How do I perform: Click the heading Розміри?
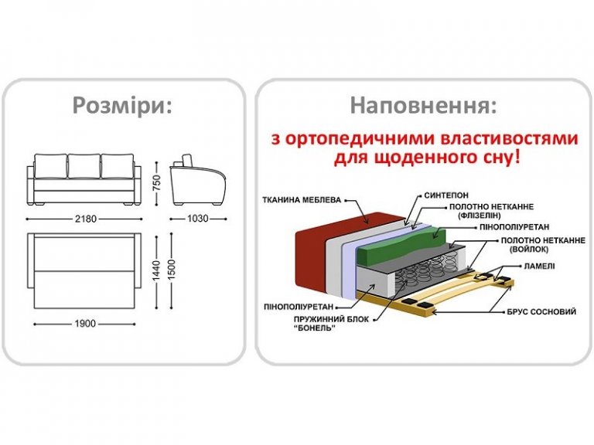(x=122, y=106)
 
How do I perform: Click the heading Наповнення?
(x=423, y=105)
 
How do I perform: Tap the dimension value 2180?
(x=86, y=219)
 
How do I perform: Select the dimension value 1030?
(x=198, y=219)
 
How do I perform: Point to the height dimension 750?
(x=156, y=183)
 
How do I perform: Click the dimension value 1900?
(x=85, y=324)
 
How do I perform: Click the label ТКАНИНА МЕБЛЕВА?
(x=302, y=200)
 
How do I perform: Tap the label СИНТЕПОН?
(x=446, y=195)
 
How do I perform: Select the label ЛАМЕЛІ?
(x=539, y=266)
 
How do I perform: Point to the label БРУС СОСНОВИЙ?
(x=541, y=312)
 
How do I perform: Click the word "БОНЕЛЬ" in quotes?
(x=315, y=328)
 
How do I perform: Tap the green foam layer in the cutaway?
(x=401, y=246)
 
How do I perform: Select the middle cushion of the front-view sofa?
(x=84, y=166)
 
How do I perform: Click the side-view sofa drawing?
(x=198, y=180)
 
